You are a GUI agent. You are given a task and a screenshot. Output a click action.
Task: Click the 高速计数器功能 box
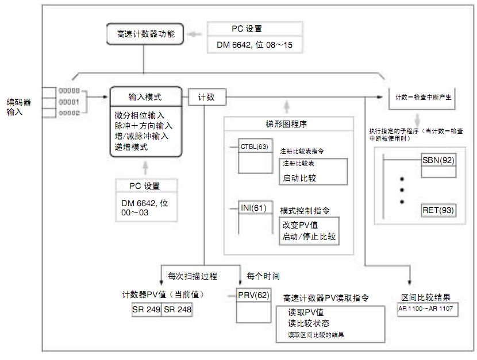[144, 33]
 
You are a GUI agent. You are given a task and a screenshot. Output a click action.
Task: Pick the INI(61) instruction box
[253, 208]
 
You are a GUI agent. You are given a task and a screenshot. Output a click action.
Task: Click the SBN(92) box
[438, 159]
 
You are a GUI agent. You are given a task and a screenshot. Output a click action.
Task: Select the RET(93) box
[438, 210]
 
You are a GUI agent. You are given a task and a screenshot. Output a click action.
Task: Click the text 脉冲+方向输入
[144, 125]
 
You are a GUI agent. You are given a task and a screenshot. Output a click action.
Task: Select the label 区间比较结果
[425, 297]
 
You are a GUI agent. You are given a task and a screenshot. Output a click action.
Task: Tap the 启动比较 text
[299, 178]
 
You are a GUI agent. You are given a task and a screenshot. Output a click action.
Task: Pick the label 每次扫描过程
[192, 276]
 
